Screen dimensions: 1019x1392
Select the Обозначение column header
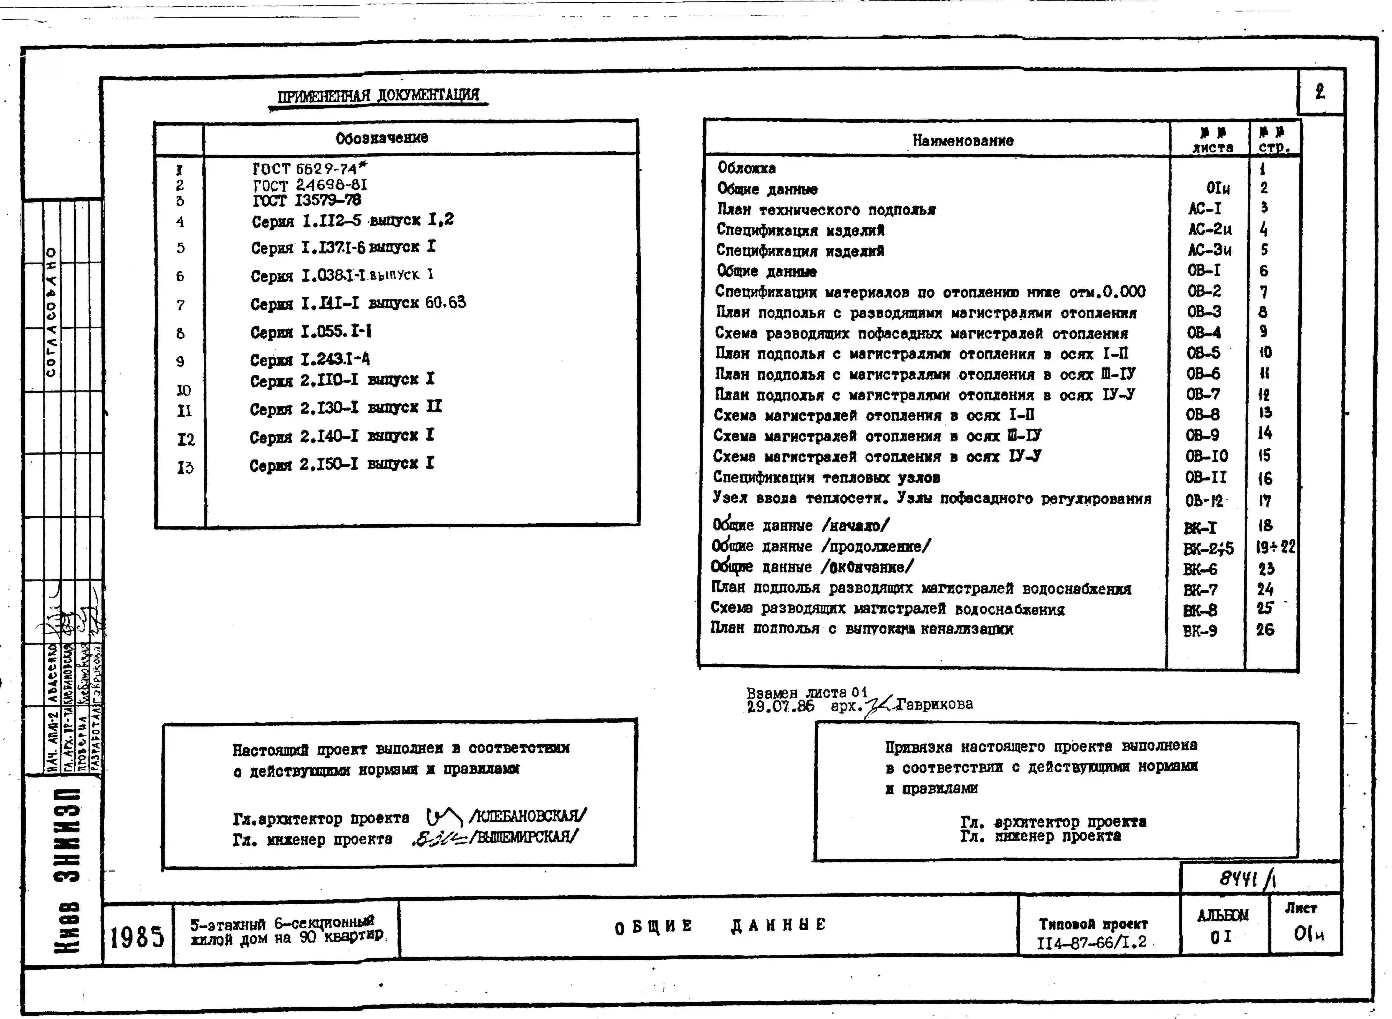pos(382,138)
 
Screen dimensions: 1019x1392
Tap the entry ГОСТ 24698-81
pos(310,184)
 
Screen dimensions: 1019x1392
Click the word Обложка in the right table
pos(746,168)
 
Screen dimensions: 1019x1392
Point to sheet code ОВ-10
pos(1206,456)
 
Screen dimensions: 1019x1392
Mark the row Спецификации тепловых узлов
pos(826,477)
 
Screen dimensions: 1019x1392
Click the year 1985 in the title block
pos(137,938)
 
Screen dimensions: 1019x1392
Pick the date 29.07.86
pos(780,707)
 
